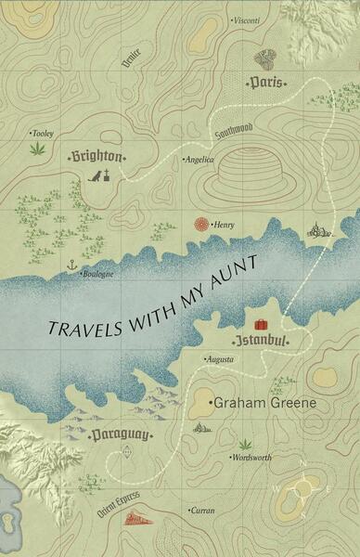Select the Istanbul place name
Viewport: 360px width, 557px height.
coord(261,342)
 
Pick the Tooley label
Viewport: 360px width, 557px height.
coord(43,133)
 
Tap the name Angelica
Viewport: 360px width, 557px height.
coord(199,160)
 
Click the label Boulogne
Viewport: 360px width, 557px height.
coord(97,274)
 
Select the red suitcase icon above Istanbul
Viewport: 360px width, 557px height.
coord(262,325)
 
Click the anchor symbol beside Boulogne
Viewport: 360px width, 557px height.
coord(71,266)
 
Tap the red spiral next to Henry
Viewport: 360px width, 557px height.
coord(201,224)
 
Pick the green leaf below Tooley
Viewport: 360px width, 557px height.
coord(38,148)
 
